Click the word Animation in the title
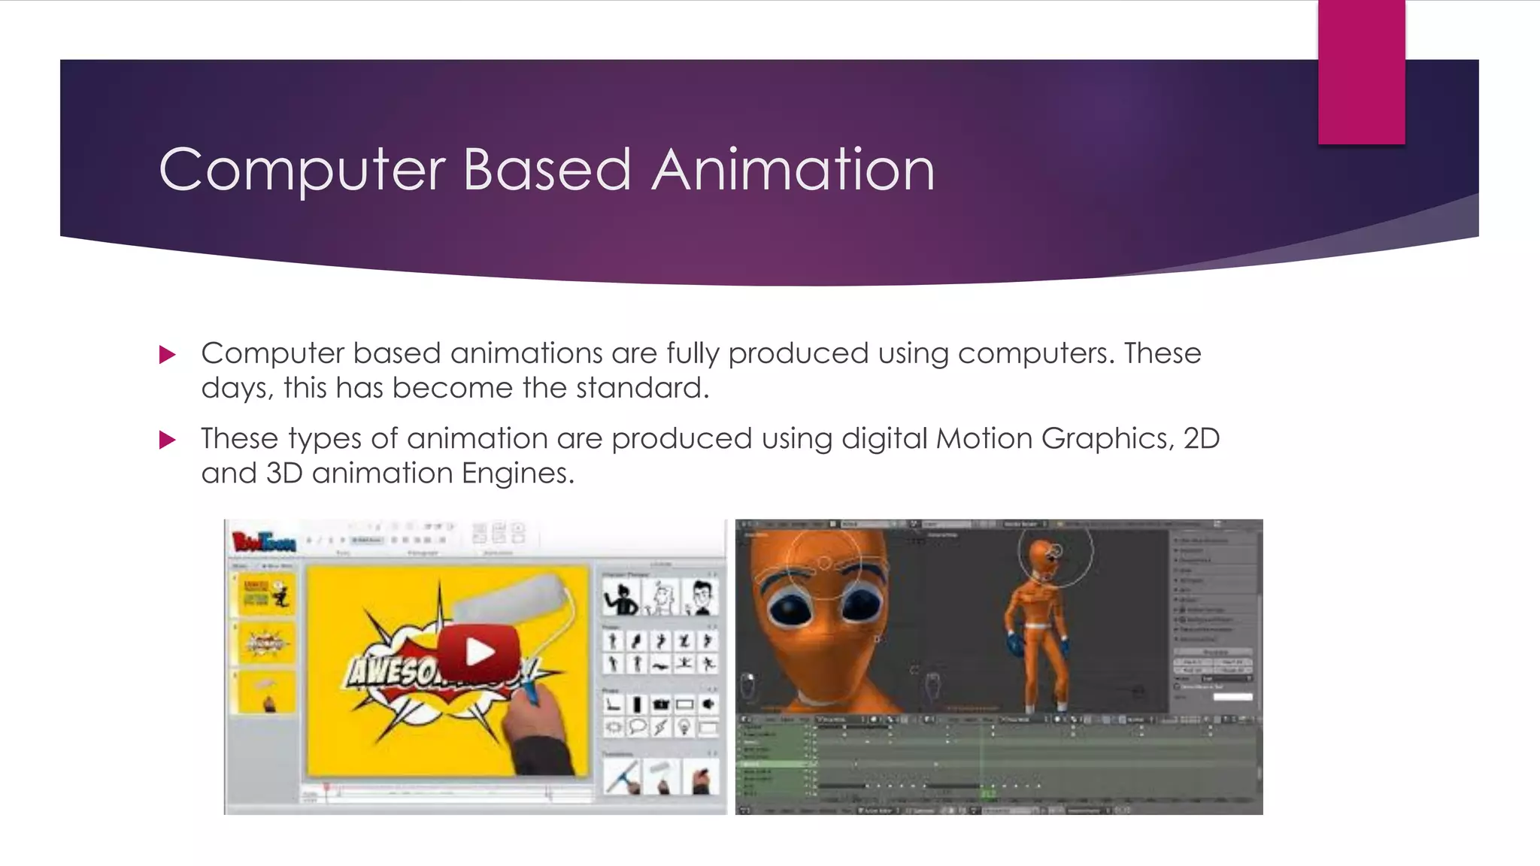(x=793, y=170)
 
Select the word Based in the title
(x=547, y=170)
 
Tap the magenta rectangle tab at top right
(x=1361, y=72)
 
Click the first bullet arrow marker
(x=168, y=355)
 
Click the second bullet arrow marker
(x=168, y=440)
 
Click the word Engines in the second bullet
(x=517, y=473)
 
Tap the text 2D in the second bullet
(x=1201, y=438)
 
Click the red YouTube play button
(x=479, y=652)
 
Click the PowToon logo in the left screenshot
(x=263, y=541)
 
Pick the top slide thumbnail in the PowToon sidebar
(x=265, y=594)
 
